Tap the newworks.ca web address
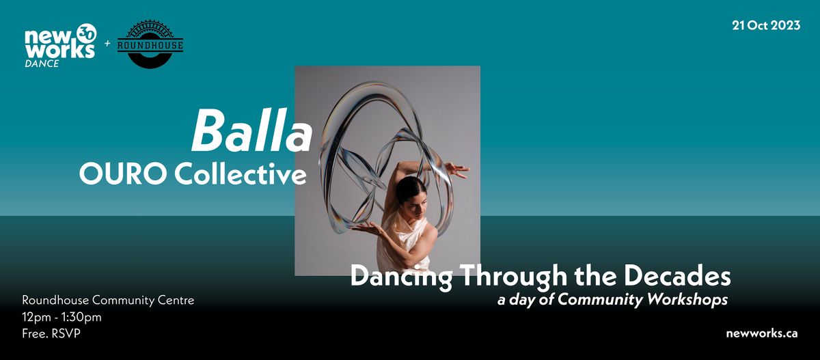763,333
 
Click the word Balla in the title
251,132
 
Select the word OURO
122,174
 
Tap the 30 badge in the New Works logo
86,33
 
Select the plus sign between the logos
106,44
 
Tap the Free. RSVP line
52,333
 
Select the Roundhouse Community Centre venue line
108,301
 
